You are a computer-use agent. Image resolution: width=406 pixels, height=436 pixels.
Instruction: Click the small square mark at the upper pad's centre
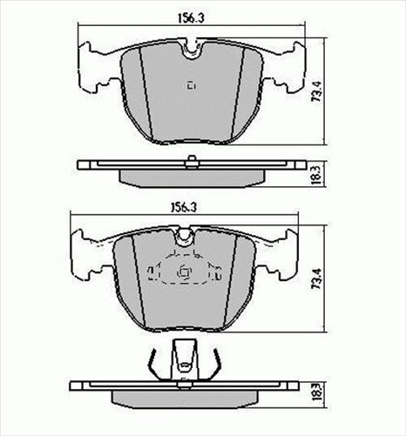coord(192,84)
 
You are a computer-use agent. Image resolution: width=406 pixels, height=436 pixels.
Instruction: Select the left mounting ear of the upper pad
coord(95,68)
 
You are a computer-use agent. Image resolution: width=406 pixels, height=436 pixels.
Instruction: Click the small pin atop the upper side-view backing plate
coord(191,158)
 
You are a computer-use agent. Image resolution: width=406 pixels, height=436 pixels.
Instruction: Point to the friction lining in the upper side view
coord(191,176)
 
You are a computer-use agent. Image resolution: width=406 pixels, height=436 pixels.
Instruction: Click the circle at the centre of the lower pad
coord(183,273)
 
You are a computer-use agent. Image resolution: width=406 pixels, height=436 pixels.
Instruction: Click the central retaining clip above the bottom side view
coord(184,359)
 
